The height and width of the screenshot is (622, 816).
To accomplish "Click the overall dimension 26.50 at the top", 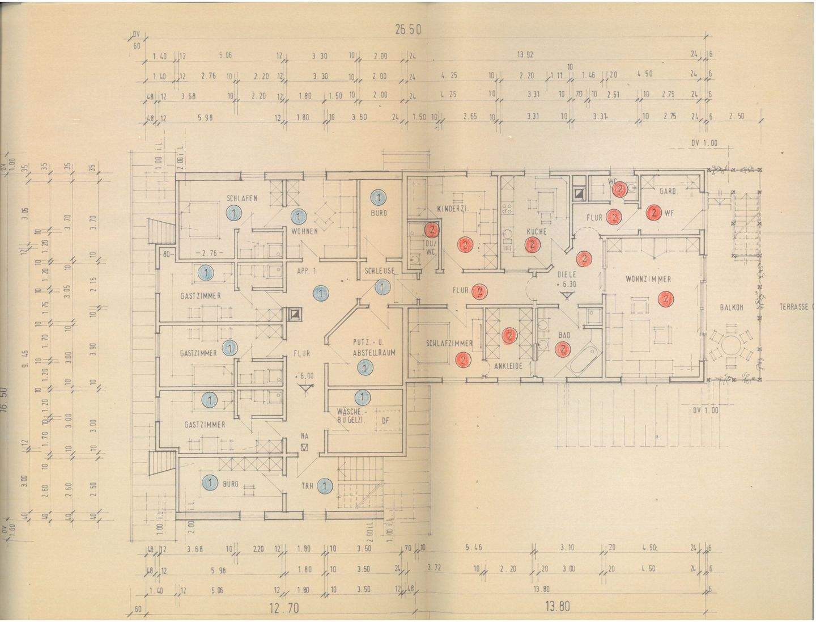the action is point(407,30).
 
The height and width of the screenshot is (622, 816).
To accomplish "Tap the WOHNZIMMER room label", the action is point(648,279).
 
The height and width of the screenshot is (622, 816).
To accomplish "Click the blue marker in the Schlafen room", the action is point(232,213).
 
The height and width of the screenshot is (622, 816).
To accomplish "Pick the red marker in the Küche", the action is point(532,245).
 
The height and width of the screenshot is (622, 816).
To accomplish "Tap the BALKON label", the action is point(731,307).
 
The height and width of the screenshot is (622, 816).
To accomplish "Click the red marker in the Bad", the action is point(563,349).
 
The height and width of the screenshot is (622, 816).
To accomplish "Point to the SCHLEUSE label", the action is point(379,271).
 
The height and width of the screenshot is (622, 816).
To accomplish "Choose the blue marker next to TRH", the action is point(325,485).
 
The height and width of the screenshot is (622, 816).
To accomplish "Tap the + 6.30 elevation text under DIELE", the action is point(567,284).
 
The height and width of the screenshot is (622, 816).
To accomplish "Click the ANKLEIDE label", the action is point(508,366).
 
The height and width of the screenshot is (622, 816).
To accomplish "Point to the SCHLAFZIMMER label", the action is point(449,344).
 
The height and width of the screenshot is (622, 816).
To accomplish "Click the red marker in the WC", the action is point(620,189).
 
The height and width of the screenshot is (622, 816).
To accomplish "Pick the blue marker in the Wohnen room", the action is point(299,216).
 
